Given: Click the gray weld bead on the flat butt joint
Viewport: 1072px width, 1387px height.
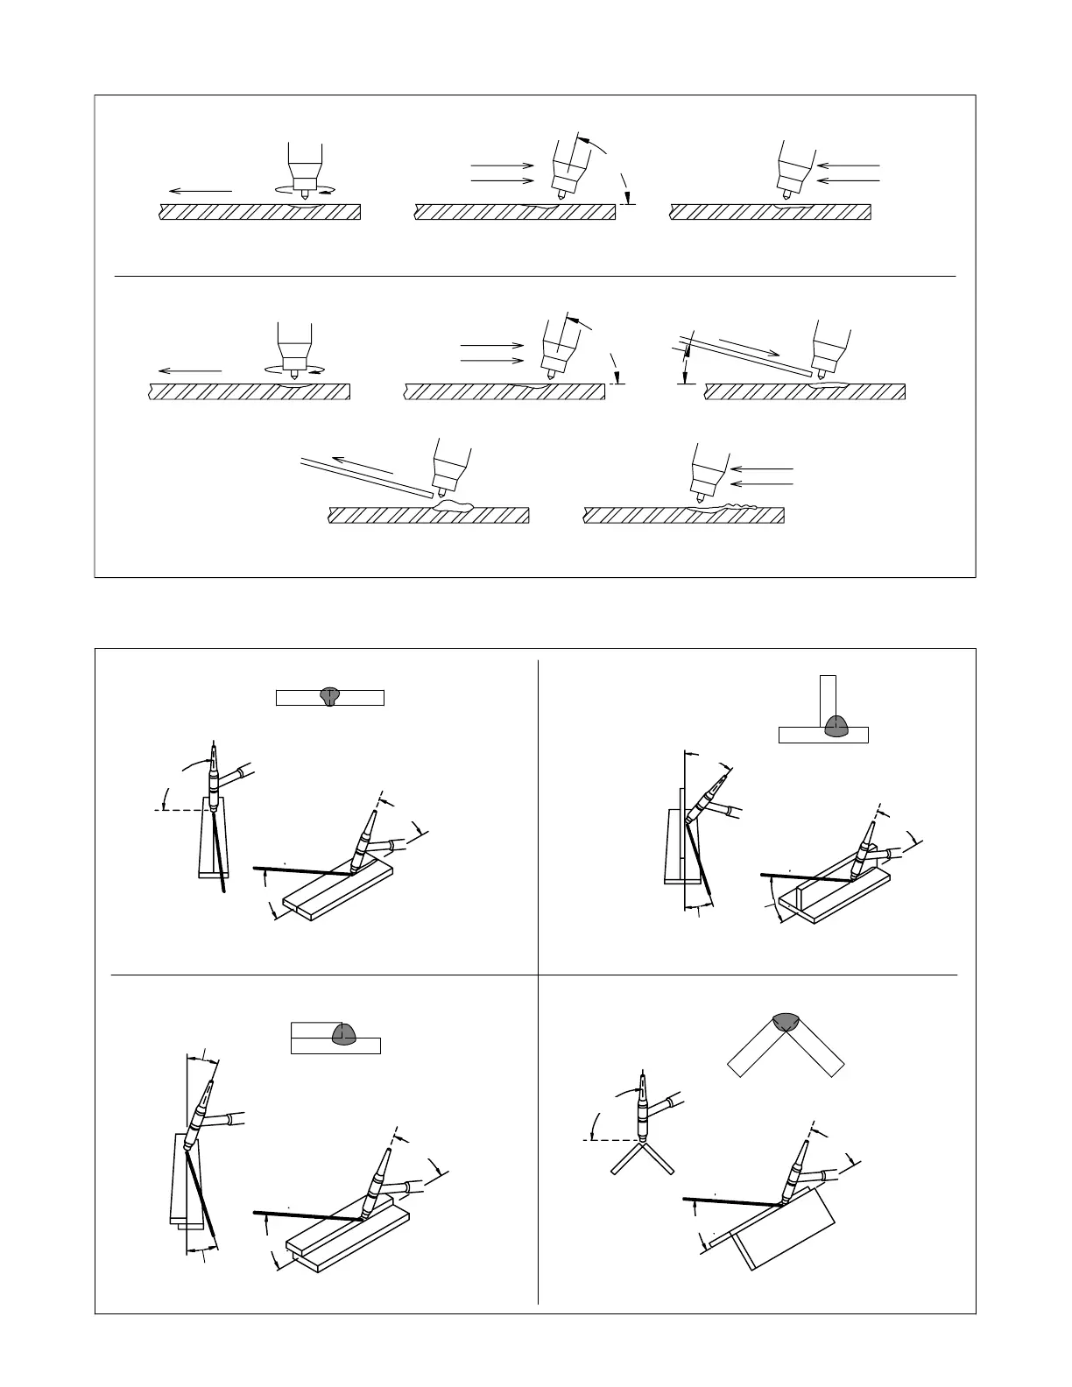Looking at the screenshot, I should (329, 696).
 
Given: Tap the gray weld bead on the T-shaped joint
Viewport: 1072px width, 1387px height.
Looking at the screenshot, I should (836, 724).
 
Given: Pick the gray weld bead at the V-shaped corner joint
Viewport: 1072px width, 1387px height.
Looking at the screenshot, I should (786, 1025).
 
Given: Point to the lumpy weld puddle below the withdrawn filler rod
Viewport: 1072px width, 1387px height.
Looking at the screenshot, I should (453, 505).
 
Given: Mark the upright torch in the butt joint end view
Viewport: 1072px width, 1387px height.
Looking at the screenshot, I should (213, 775).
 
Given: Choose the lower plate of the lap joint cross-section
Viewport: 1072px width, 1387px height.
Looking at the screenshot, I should (335, 1046).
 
